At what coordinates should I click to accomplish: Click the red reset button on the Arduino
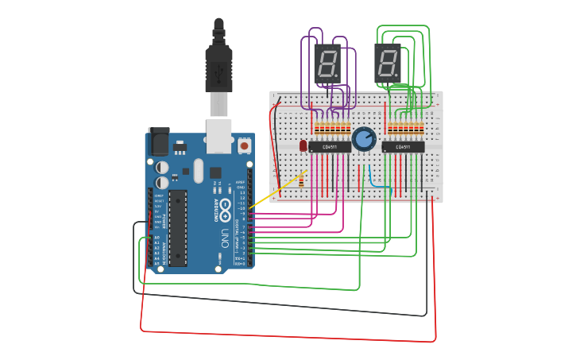243,146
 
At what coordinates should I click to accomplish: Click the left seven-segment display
327,62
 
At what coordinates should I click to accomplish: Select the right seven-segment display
387,62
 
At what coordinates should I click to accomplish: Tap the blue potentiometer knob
363,139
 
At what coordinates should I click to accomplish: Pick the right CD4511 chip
403,147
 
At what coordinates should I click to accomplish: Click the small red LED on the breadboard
303,145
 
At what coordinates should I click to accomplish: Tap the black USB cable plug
218,68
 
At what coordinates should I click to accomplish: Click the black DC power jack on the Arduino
158,143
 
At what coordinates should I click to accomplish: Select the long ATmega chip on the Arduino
177,227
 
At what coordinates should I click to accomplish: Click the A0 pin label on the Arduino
157,237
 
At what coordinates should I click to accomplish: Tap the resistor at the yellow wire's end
303,180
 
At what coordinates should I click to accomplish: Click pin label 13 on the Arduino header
242,193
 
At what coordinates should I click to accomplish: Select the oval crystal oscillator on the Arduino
197,171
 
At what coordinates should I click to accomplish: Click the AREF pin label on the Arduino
241,182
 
